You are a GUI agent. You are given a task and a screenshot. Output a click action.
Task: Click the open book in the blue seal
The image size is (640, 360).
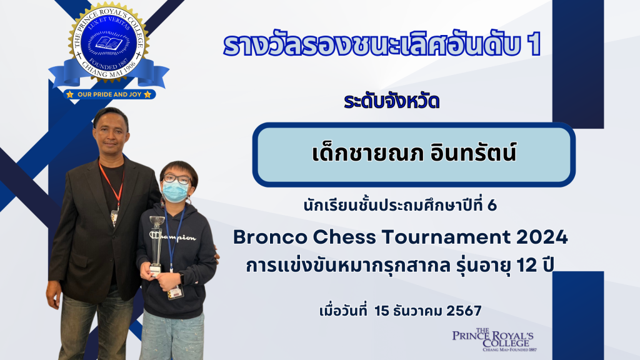pyautogui.click(x=109, y=43)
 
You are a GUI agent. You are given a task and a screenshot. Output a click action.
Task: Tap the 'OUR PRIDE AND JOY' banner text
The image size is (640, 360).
pyautogui.click(x=109, y=94)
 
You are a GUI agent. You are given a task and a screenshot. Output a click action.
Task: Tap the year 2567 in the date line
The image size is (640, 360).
pyautogui.click(x=464, y=311)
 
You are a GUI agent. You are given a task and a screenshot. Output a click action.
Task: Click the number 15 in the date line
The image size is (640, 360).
pyautogui.click(x=382, y=311)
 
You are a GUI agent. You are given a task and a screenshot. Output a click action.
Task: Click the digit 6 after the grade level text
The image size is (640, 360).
pyautogui.click(x=492, y=205)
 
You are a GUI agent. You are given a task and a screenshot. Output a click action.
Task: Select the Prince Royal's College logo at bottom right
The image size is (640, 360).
pyautogui.click(x=494, y=339)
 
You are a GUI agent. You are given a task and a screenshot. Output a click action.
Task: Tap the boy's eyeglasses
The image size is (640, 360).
pyautogui.click(x=177, y=179)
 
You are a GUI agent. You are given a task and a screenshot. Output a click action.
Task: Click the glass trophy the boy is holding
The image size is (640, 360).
pyautogui.click(x=156, y=244)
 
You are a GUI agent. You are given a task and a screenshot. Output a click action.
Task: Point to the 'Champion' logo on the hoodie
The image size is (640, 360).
pyautogui.click(x=172, y=237)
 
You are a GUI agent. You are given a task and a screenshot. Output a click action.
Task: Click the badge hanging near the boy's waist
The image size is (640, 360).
pyautogui.click(x=175, y=292)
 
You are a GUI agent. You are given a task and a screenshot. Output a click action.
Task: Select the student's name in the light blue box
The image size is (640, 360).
pyautogui.click(x=414, y=152)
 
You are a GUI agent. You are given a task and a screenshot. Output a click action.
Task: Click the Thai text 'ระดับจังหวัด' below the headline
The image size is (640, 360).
pyautogui.click(x=391, y=101)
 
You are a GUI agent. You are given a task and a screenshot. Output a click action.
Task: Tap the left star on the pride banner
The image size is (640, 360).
pyautogui.click(x=70, y=94)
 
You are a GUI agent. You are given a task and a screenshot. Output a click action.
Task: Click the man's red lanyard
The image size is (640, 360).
pyautogui.click(x=111, y=184)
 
